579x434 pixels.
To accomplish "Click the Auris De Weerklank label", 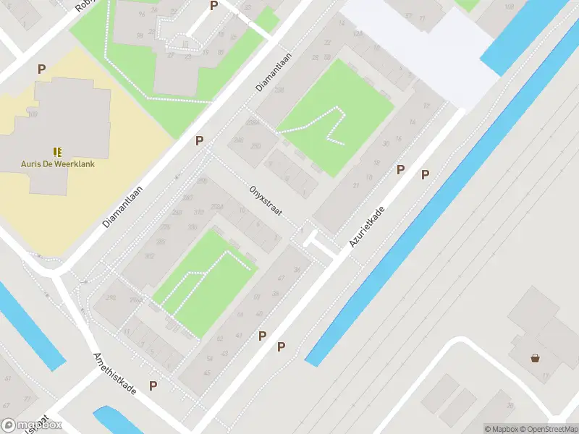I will pyautogui.click(x=57, y=163).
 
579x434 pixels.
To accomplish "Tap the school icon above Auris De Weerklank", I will pyautogui.click(x=57, y=152).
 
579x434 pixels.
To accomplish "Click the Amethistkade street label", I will pyautogui.click(x=114, y=373).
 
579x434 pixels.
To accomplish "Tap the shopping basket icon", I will pyautogui.click(x=535, y=357).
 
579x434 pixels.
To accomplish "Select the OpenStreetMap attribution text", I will pyautogui.click(x=549, y=429).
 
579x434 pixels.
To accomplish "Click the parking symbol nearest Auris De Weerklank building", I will pyautogui.click(x=42, y=69).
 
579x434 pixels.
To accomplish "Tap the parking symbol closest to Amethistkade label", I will pyautogui.click(x=153, y=386).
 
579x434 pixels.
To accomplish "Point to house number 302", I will pyautogui.click(x=150, y=255).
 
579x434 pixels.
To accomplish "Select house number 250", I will pyautogui.click(x=255, y=147).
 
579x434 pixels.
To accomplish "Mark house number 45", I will pyautogui.click(x=208, y=373).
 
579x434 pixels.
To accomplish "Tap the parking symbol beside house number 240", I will pyautogui.click(x=199, y=140).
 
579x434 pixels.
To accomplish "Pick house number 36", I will pyautogui.click(x=297, y=270).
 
